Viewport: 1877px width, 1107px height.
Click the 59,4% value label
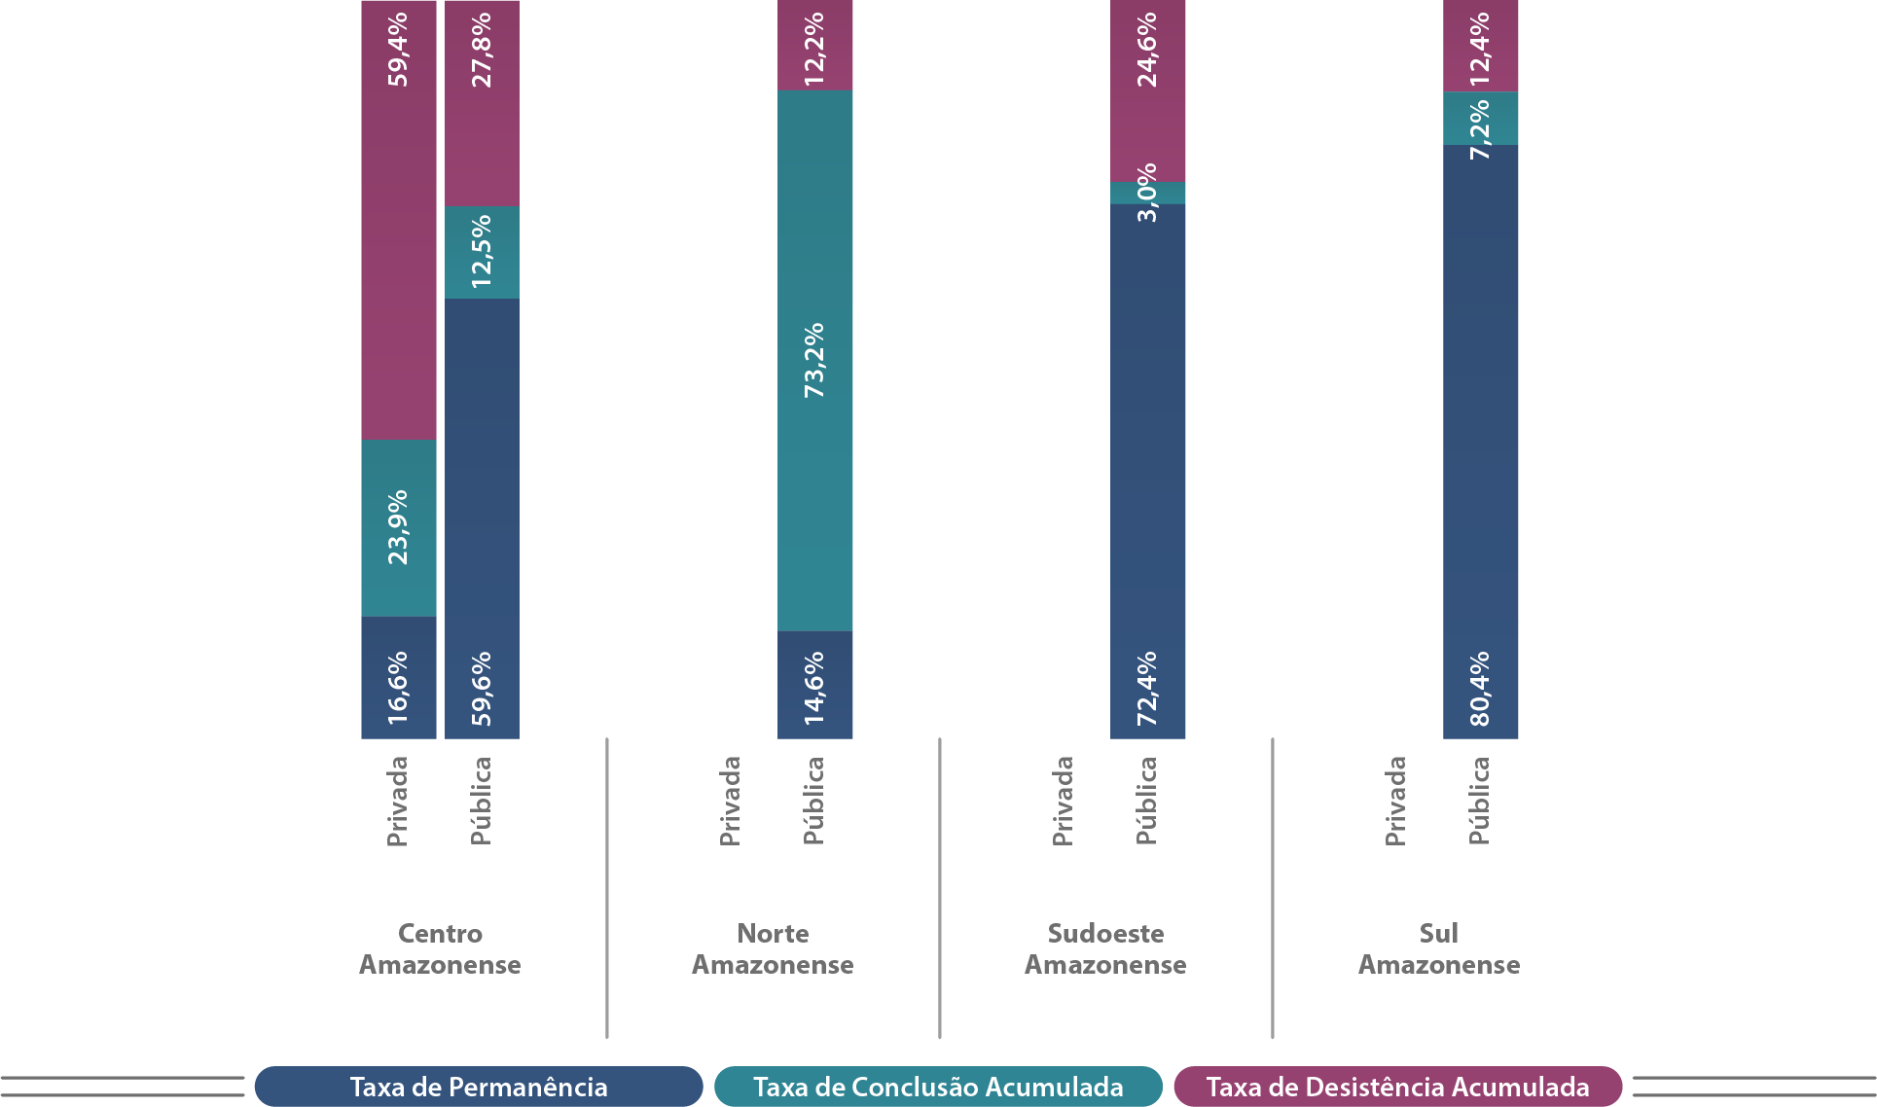click(x=398, y=50)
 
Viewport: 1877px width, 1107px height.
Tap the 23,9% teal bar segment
click(x=398, y=527)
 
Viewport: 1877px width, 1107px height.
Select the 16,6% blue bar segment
click(x=398, y=678)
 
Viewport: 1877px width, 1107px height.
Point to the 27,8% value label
click(x=482, y=50)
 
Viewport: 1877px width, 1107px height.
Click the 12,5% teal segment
click(x=482, y=252)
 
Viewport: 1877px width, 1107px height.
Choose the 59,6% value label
click(x=482, y=688)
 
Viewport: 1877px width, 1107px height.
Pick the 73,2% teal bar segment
click(x=814, y=360)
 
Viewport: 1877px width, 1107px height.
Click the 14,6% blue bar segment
click(x=814, y=685)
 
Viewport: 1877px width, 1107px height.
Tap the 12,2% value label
click(x=814, y=50)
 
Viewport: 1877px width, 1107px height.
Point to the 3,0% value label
click(x=1148, y=193)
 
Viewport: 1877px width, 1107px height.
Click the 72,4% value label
click(x=1148, y=688)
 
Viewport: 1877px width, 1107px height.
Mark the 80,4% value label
click(x=1480, y=688)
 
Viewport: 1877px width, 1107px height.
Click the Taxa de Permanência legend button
click(x=479, y=1087)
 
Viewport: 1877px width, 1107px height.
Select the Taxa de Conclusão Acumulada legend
click(x=938, y=1087)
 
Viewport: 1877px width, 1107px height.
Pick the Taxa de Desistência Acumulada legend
click(x=1397, y=1087)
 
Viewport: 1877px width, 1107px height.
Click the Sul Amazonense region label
click(x=1438, y=949)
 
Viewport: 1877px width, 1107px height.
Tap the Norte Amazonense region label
click(x=773, y=949)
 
